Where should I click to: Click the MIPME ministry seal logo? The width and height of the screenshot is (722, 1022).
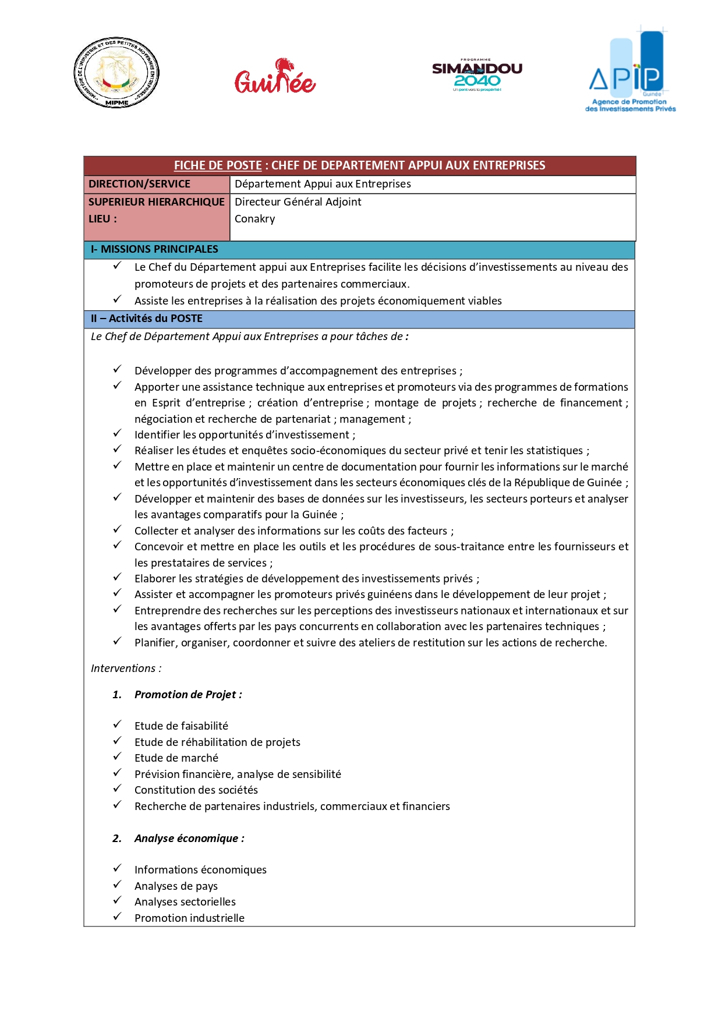pyautogui.click(x=116, y=73)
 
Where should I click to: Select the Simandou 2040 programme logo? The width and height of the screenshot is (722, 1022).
pyautogui.click(x=477, y=75)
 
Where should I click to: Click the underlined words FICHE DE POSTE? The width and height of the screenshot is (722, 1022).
pyautogui.click(x=218, y=165)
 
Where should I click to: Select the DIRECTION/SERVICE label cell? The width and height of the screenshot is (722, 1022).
pyautogui.click(x=140, y=184)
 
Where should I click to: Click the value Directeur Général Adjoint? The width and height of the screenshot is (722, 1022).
pyautogui.click(x=298, y=202)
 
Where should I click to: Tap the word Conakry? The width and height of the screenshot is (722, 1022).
pyautogui.click(x=254, y=219)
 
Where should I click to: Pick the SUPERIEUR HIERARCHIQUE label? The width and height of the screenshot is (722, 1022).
pyautogui.click(x=156, y=202)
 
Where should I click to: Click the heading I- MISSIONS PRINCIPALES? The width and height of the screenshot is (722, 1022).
pyautogui.click(x=154, y=249)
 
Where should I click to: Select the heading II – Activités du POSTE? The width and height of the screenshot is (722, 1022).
pyautogui.click(x=147, y=319)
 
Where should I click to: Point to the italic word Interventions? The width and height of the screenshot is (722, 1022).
pyautogui.click(x=123, y=669)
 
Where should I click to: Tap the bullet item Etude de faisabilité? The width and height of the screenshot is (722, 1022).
pyautogui.click(x=181, y=726)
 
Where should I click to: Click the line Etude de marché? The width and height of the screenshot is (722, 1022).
pyautogui.click(x=176, y=758)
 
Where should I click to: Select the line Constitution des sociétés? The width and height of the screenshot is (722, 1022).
pyautogui.click(x=196, y=790)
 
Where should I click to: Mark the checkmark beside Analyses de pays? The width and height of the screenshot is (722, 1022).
pyautogui.click(x=117, y=885)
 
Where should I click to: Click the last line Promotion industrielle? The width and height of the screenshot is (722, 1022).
pyautogui.click(x=189, y=918)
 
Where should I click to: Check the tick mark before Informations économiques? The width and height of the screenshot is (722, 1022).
pyautogui.click(x=117, y=868)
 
